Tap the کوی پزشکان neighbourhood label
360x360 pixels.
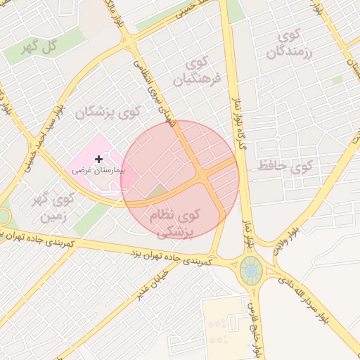(109, 111)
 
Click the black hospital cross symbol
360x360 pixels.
(98, 160)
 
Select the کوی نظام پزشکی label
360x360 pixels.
(175, 222)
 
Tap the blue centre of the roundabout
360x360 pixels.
(250, 269)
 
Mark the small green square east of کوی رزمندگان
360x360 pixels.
(337, 80)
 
